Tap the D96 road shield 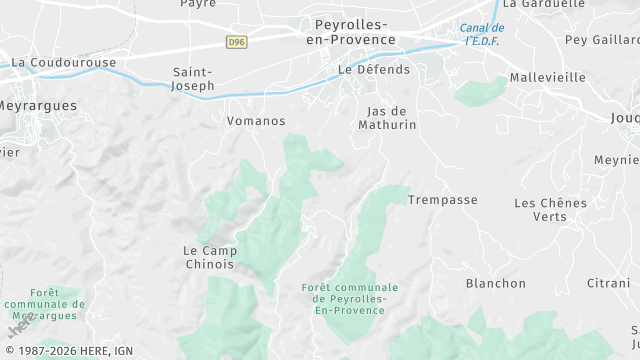coord(236,42)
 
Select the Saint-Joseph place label coord(194,79)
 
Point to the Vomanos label coord(257,121)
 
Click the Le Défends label coord(374,70)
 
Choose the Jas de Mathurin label coord(386,118)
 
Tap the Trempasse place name coord(442,200)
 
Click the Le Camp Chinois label coord(209,257)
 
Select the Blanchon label coord(495,283)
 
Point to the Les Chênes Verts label coord(550,209)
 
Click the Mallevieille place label coord(547,77)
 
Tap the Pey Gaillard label coord(602,40)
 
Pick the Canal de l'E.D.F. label coord(482,34)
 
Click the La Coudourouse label coord(64,62)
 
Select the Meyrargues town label coord(37,104)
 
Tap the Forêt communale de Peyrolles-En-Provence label coord(349,298)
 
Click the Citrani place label coord(608,283)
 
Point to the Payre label coord(198,4)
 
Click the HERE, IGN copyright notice coord(68,351)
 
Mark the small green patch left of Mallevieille coord(481,91)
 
